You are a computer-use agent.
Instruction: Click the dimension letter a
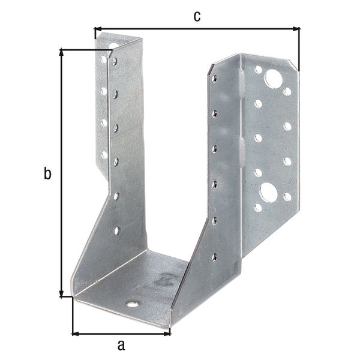tap(121, 345)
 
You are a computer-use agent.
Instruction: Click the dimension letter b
tap(47, 174)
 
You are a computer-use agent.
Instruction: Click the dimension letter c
tap(196, 16)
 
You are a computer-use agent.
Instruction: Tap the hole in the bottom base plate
tap(132, 304)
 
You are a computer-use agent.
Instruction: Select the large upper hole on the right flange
tap(273, 78)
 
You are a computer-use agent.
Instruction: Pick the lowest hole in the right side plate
tap(214, 257)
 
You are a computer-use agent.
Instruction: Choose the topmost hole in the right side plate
tap(214, 77)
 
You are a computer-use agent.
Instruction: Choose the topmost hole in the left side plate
tap(115, 61)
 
